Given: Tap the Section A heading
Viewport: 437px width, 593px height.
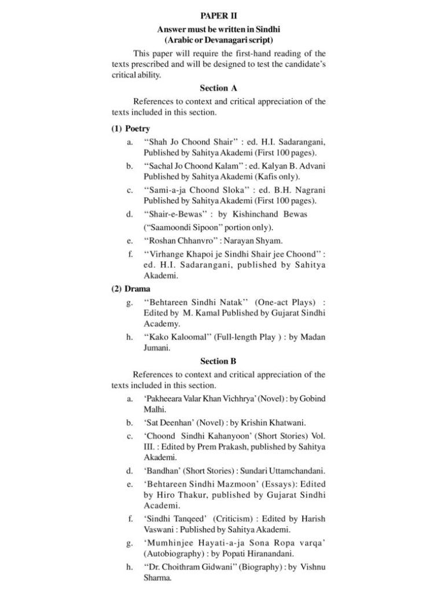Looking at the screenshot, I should (218, 88).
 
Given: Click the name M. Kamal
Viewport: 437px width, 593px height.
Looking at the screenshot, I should (202, 313).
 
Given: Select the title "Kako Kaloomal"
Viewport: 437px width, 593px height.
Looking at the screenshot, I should (179, 337).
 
